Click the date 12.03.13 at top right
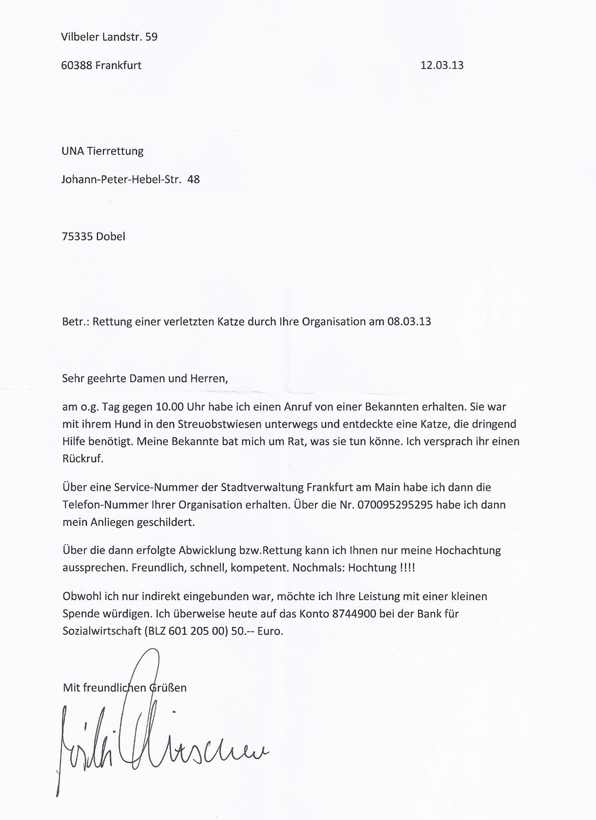pyautogui.click(x=442, y=66)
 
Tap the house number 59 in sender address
pyautogui.click(x=151, y=37)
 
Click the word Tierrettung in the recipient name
pyautogui.click(x=115, y=151)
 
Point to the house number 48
pyautogui.click(x=194, y=179)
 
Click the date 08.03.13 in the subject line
pyautogui.click(x=409, y=321)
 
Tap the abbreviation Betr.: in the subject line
pyautogui.click(x=75, y=321)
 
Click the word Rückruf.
pyautogui.click(x=83, y=459)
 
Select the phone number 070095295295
pyautogui.click(x=395, y=504)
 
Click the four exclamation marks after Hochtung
pyautogui.click(x=408, y=567)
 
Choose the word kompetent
pyautogui.click(x=260, y=567)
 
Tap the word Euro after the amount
pyautogui.click(x=270, y=631)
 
